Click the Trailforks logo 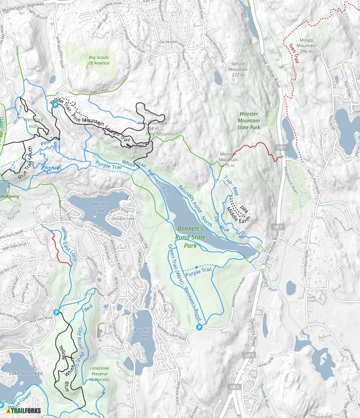click(25, 410)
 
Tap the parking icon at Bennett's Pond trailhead click(199, 327)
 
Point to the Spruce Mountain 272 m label click(238, 69)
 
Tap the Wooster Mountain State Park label click(249, 120)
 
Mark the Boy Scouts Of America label click(99, 60)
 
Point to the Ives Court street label click(100, 91)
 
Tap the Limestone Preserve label click(100, 374)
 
